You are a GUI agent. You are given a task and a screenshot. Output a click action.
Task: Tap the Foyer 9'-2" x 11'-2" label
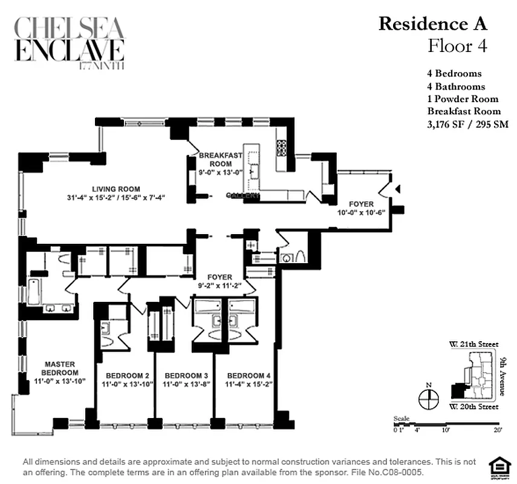pos(219,281)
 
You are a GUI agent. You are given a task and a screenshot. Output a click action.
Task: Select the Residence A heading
pos(432,24)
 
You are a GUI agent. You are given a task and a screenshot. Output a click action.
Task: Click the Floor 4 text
pos(457,45)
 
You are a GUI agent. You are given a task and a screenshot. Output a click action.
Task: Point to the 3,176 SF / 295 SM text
pos(467,124)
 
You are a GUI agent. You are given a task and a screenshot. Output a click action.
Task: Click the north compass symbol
pos(428,397)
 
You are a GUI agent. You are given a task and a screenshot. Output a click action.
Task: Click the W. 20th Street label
pos(473,407)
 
